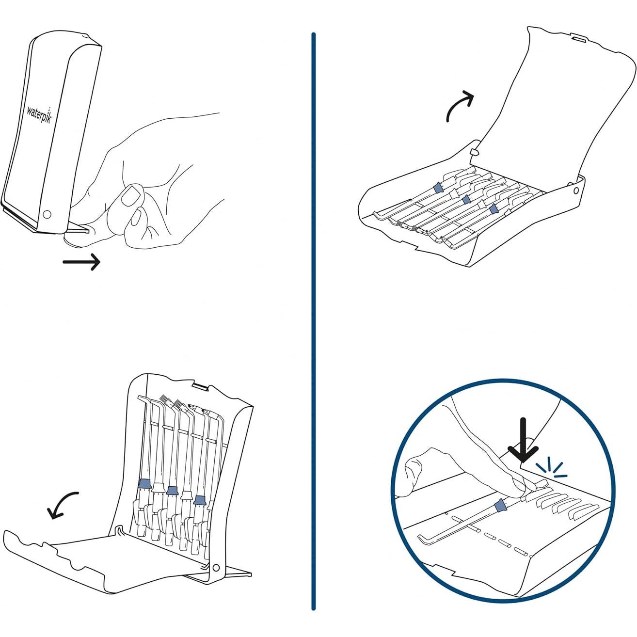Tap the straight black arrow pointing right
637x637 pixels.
tap(81, 262)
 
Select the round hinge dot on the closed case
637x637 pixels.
tap(47, 214)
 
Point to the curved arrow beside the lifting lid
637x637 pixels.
tap(459, 105)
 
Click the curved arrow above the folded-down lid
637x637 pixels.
tap(63, 504)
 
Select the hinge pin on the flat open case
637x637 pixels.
tap(575, 191)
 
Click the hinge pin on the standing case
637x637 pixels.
tap(215, 568)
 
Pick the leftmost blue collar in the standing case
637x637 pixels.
tap(144, 483)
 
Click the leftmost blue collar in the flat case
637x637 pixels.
tap(438, 187)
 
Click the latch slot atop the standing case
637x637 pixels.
tap(200, 386)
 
